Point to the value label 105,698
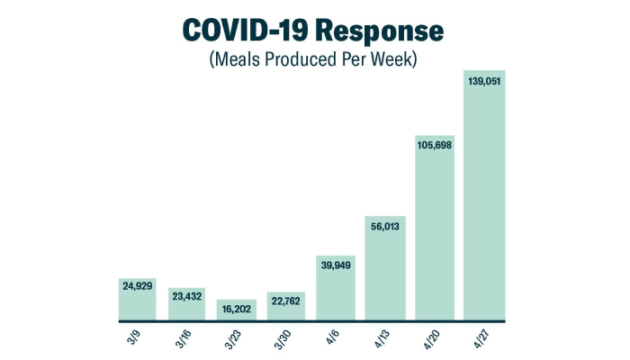435,145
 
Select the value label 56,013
385,228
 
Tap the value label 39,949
336,264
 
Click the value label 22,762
286,302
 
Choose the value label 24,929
139,286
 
